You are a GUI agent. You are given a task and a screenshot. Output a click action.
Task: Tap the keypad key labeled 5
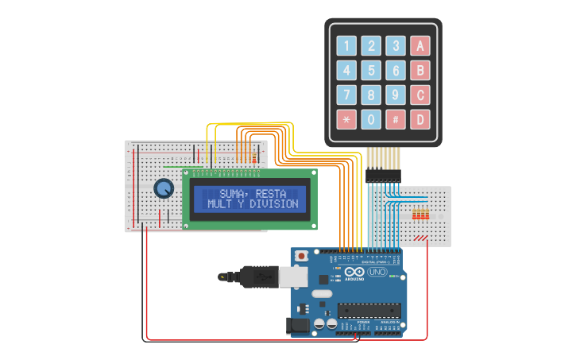371,70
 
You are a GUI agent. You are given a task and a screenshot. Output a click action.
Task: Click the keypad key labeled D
420,119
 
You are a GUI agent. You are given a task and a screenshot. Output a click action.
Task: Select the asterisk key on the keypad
346,119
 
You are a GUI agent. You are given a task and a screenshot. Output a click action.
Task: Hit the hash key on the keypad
396,119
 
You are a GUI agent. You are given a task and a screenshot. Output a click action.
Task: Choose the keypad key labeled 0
371,119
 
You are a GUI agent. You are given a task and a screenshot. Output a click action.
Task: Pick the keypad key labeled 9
396,95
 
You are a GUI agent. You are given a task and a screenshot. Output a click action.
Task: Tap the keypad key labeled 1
346,45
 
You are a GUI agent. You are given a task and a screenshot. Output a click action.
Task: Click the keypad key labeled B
420,70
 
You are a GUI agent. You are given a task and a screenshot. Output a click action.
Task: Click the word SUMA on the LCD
234,193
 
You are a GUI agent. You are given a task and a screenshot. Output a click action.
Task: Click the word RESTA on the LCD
272,193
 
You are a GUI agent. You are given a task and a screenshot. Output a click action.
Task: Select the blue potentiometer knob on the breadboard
164,188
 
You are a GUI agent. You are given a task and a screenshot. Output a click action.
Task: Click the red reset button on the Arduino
302,256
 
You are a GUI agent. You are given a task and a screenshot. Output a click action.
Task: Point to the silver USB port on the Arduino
292,276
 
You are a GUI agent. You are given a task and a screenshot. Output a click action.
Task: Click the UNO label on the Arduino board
377,272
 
